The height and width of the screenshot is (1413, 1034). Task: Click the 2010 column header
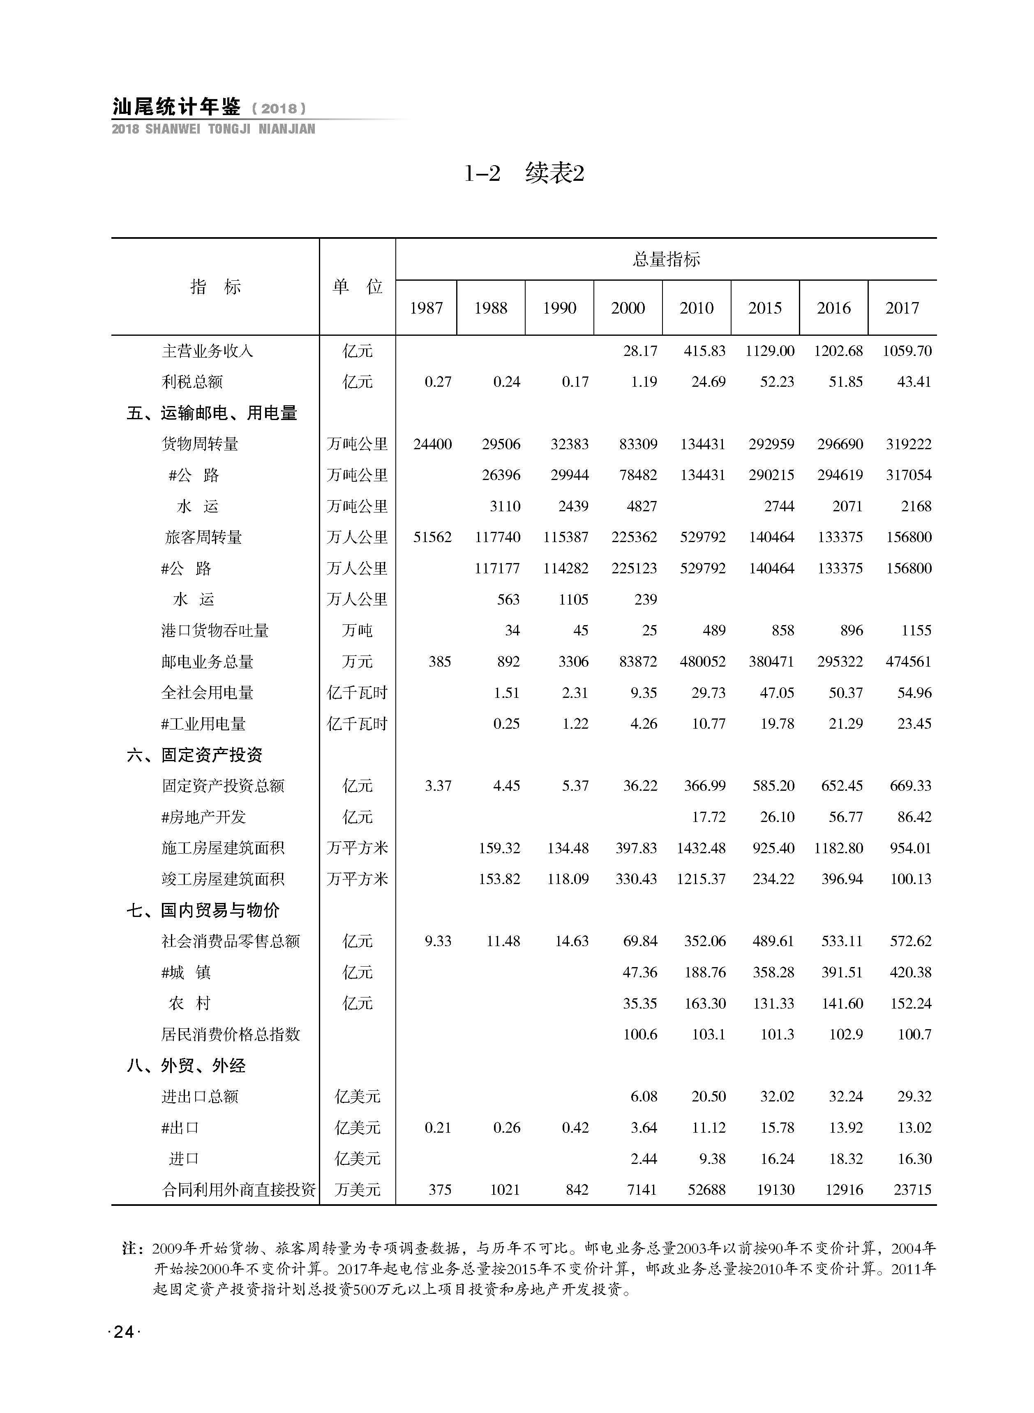pyautogui.click(x=696, y=308)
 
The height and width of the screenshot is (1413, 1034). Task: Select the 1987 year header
pyautogui.click(x=426, y=308)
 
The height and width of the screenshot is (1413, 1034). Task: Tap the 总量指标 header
pyautogui.click(x=666, y=259)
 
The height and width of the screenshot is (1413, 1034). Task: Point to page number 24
pyautogui.click(x=124, y=1332)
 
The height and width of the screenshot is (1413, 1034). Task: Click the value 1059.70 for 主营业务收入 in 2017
pyautogui.click(x=907, y=351)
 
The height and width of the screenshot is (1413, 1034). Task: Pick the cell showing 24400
pyautogui.click(x=432, y=444)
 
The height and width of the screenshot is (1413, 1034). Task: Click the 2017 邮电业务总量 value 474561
pyautogui.click(x=909, y=661)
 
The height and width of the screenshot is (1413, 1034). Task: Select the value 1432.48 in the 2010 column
pyautogui.click(x=701, y=848)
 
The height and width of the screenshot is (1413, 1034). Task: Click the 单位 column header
pyautogui.click(x=358, y=286)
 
